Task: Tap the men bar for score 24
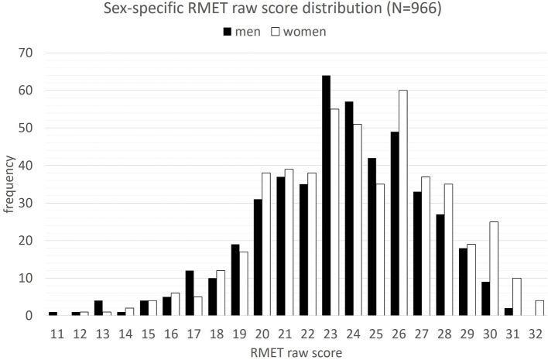[349, 208]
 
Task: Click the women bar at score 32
[539, 308]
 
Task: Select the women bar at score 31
[516, 297]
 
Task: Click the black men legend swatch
[228, 33]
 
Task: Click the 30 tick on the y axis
[29, 203]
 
